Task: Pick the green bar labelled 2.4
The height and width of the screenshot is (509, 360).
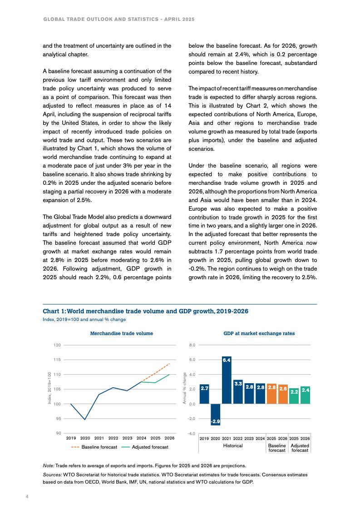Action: click(305, 395)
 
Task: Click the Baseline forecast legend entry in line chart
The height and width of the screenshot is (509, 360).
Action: click(94, 447)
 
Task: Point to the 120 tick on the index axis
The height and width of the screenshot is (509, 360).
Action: click(57, 345)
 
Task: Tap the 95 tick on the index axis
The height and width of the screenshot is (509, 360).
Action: click(58, 419)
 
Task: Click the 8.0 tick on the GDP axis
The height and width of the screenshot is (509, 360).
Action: click(192, 345)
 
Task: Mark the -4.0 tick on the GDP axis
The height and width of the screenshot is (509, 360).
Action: click(192, 433)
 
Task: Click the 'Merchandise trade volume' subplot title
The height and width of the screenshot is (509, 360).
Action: click(121, 333)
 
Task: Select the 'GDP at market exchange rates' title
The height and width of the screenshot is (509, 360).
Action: click(259, 333)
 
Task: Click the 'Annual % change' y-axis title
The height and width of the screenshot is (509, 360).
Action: click(185, 389)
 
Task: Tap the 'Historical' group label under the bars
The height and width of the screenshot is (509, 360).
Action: click(232, 446)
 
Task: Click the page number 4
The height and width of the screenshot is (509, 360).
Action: click(27, 496)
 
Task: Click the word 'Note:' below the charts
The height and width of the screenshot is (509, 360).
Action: click(48, 465)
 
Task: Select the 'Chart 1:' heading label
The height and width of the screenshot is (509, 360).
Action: click(54, 311)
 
